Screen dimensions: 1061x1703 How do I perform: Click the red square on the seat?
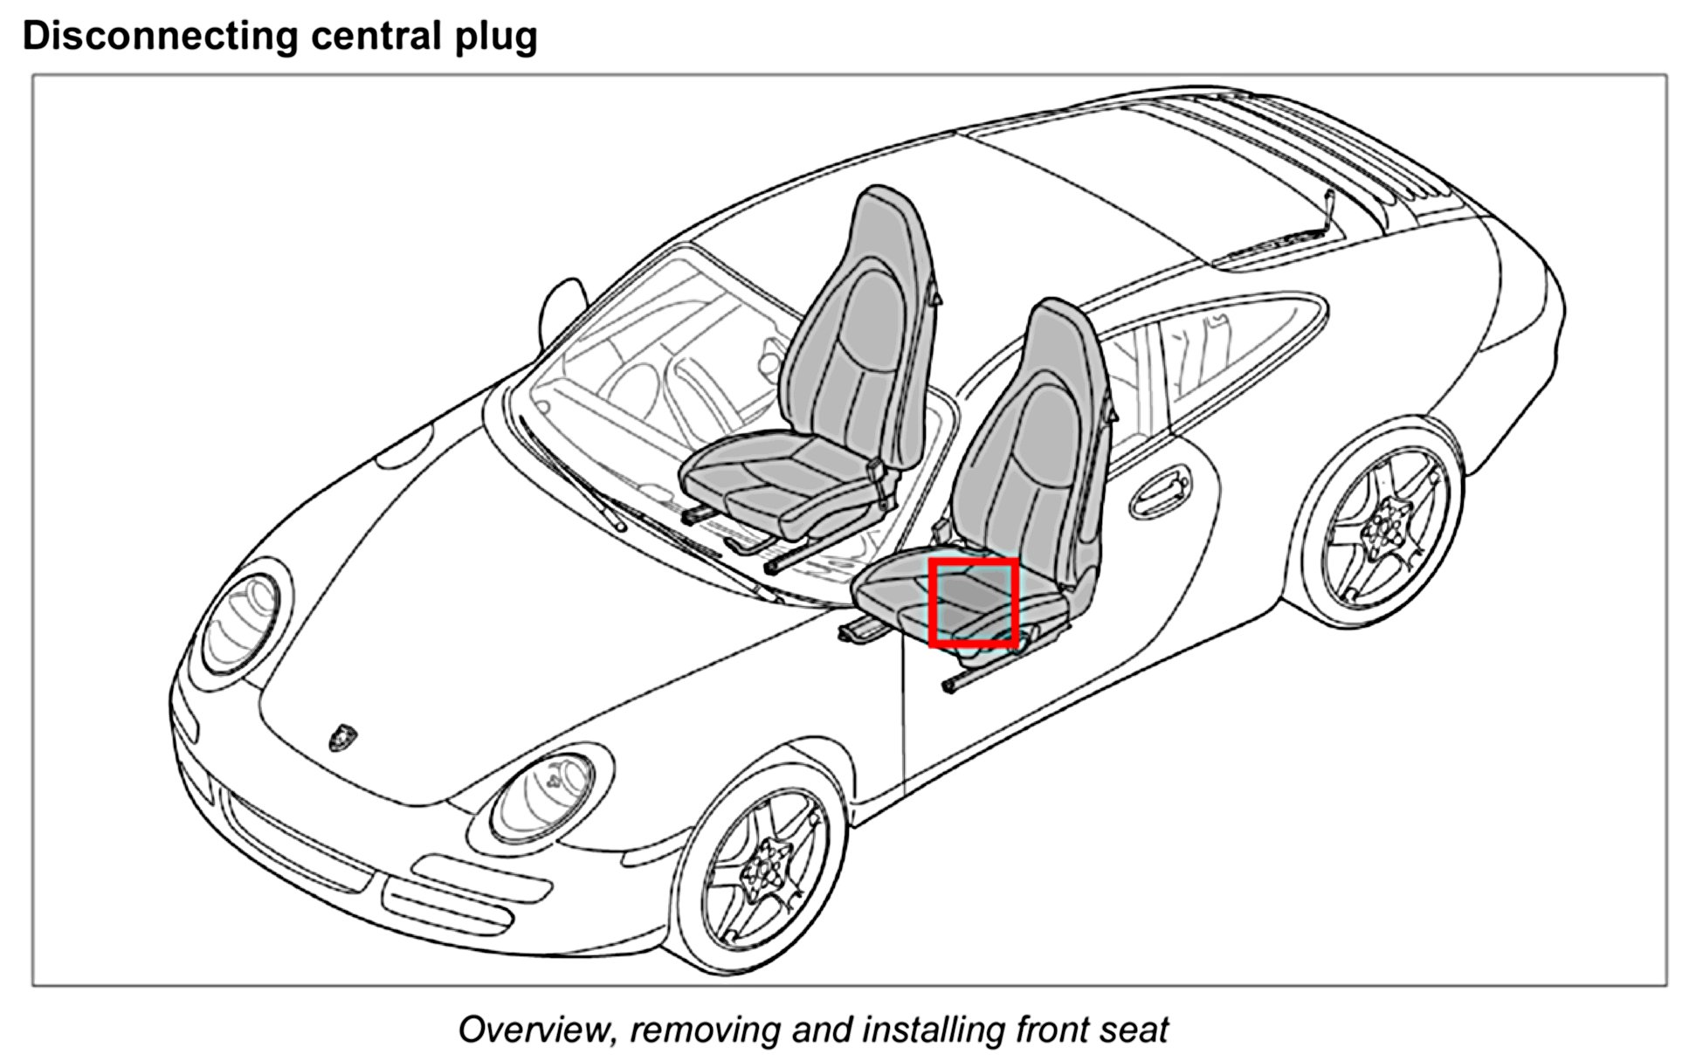(x=974, y=603)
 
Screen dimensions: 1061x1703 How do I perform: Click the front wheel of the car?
(x=762, y=870)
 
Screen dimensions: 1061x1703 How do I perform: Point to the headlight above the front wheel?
(x=543, y=796)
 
